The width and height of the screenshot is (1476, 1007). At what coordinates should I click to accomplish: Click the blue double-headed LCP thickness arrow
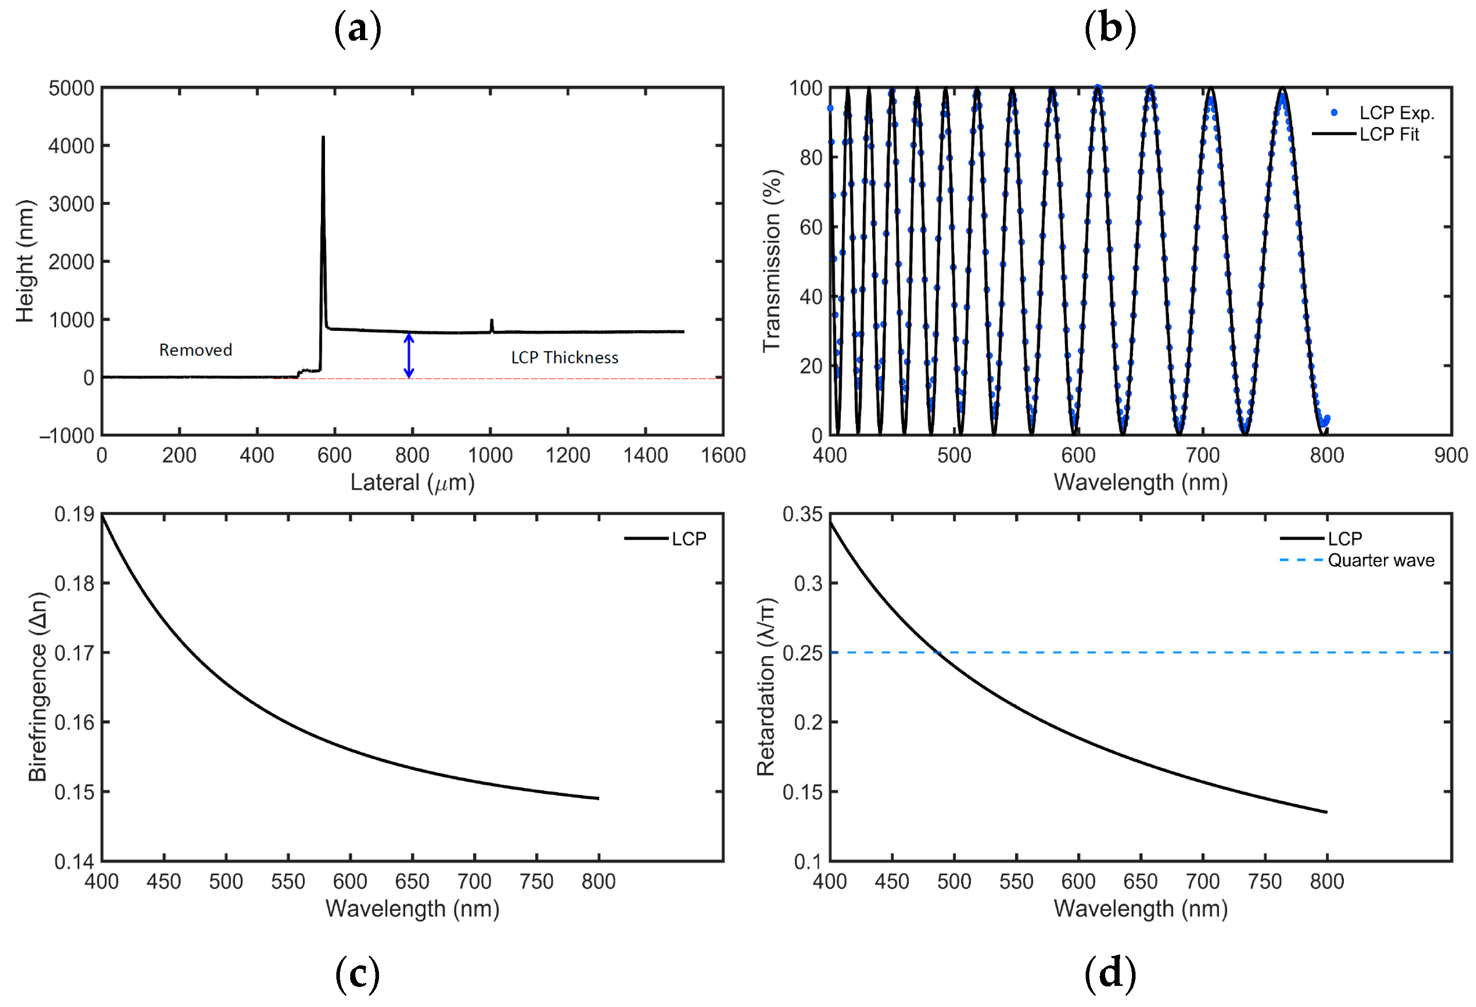[x=409, y=356]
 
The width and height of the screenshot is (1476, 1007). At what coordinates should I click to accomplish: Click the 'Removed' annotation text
[x=195, y=350]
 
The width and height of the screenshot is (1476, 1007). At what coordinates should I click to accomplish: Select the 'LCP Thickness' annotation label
[x=565, y=358]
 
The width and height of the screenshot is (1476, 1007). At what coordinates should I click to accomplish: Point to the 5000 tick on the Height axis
[x=71, y=89]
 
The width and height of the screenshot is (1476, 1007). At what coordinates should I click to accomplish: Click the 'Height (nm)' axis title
[x=25, y=261]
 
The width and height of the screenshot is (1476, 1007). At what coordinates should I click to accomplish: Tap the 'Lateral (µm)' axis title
[x=412, y=483]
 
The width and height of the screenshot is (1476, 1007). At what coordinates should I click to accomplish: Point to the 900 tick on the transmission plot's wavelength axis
[x=1451, y=455]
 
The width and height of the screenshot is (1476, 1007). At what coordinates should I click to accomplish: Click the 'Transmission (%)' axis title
[x=771, y=260]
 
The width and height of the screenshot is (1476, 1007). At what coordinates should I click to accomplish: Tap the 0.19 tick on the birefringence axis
[x=74, y=514]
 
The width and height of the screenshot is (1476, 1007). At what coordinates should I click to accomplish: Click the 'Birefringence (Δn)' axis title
[x=38, y=687]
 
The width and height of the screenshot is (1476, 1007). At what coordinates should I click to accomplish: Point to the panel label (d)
[x=1109, y=974]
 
